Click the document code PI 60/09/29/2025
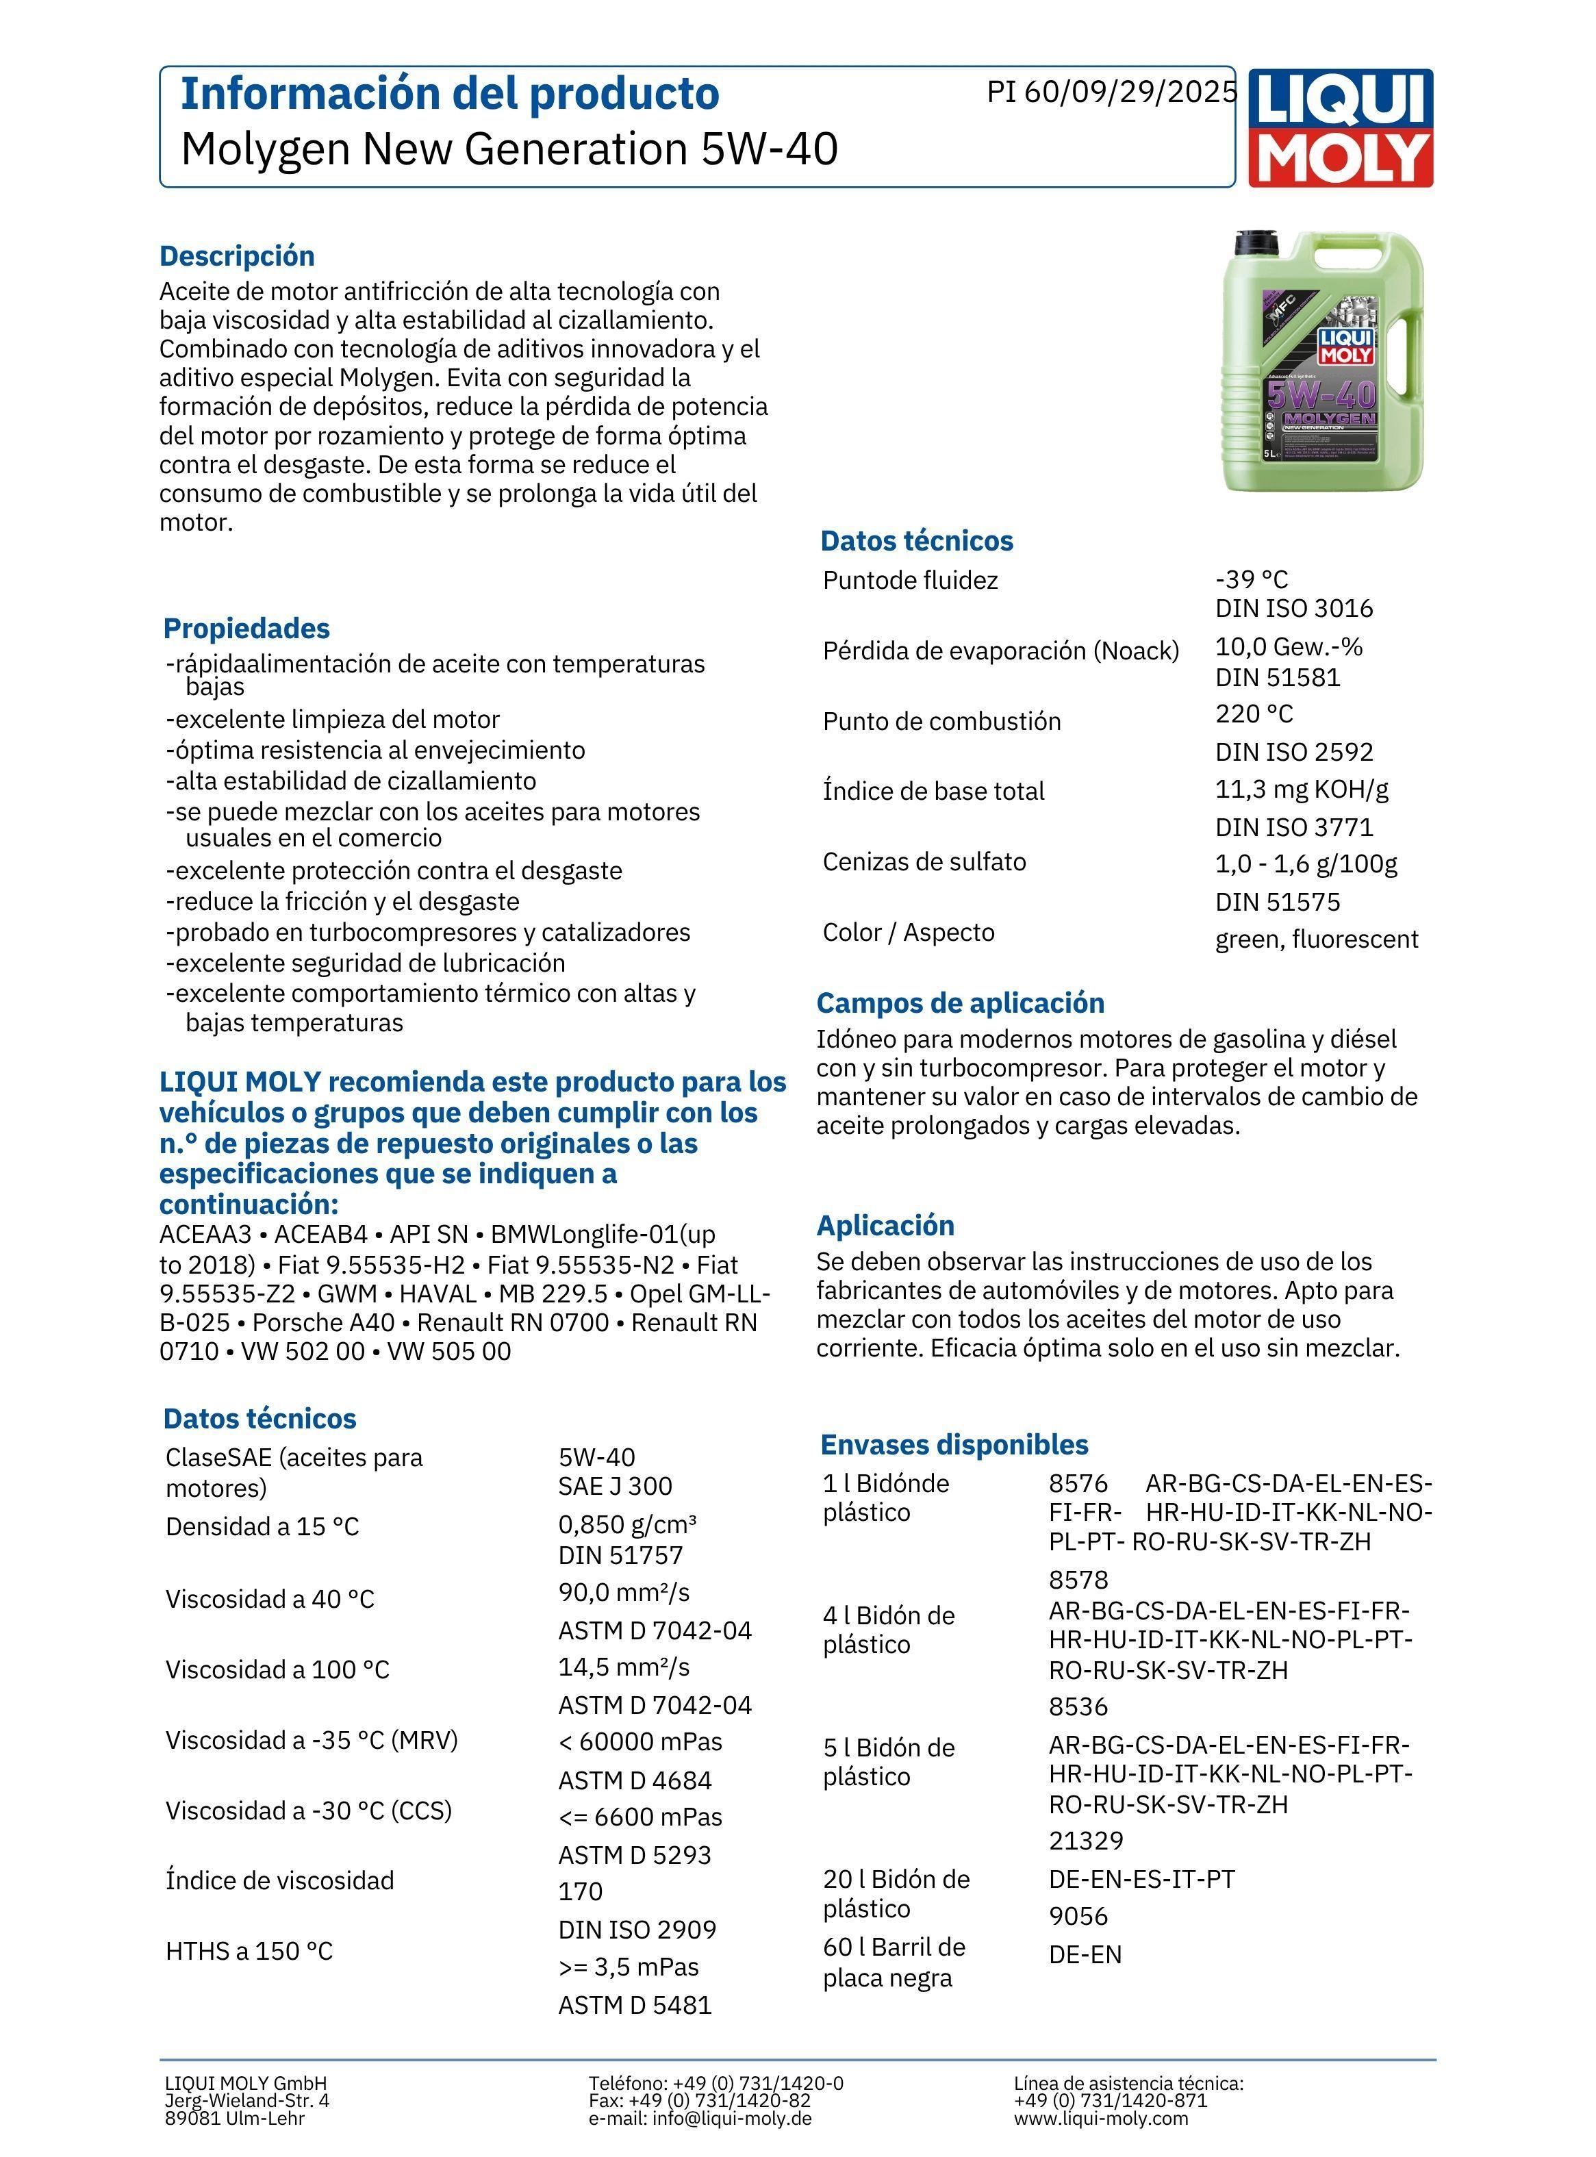[1111, 92]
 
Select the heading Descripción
[237, 256]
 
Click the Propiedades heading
[246, 628]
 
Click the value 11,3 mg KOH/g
[1302, 790]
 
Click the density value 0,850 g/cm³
[627, 1524]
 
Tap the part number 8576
[1078, 1483]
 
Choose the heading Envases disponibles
[954, 1444]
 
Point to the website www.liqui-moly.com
[1100, 2119]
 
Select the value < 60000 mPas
[639, 1741]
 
